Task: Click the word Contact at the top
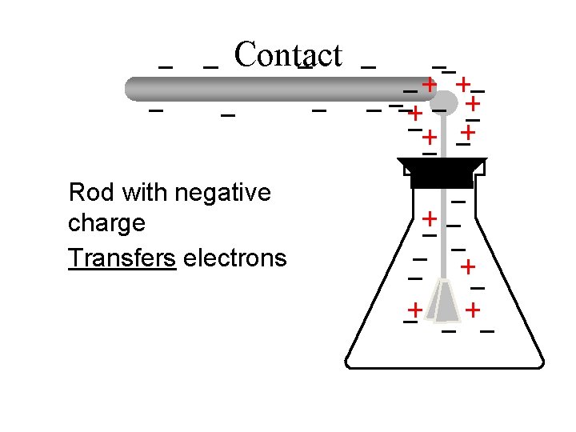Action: pos(288,55)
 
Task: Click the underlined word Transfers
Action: pos(122,258)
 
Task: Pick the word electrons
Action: pos(234,258)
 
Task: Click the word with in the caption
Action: pos(143,193)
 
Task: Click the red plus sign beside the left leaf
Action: pos(414,309)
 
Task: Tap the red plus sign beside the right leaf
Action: pos(474,309)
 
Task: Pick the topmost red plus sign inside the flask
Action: pos(430,218)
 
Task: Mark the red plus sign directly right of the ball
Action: pos(474,103)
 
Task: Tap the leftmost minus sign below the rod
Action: pos(157,110)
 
